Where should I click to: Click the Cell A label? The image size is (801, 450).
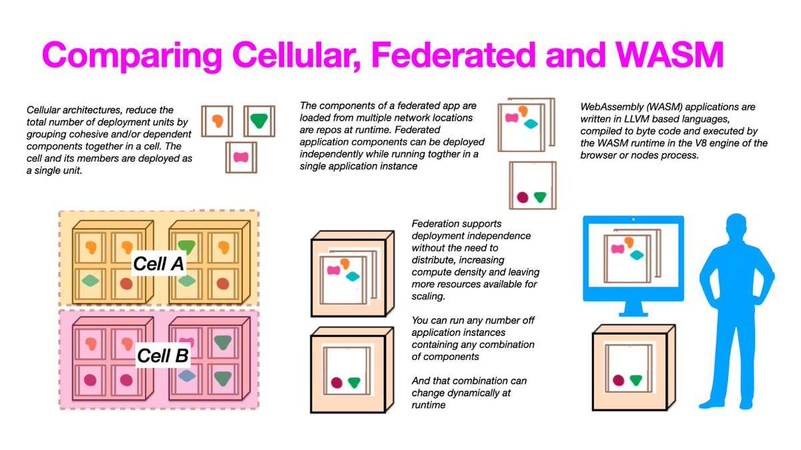159,263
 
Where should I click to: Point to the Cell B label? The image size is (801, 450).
164,355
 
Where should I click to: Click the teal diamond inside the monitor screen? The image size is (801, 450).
637,255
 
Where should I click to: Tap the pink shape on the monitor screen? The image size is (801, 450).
619,249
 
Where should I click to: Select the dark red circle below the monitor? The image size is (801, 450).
618,380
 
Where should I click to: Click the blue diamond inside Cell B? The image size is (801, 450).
188,376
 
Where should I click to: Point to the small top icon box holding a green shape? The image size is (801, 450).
256,121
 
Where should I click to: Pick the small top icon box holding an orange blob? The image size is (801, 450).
218,121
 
